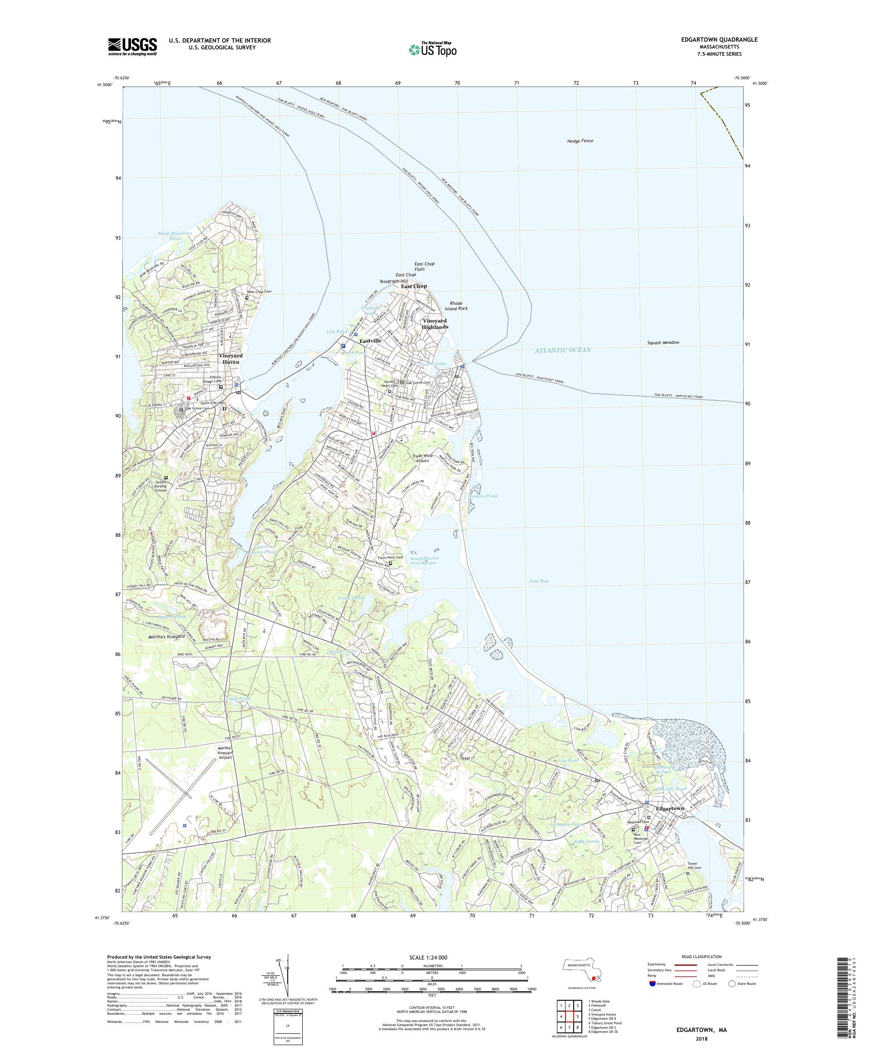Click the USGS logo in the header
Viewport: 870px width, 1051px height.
[132, 47]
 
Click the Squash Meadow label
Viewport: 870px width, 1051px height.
[662, 342]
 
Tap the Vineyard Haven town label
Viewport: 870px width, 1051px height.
[230, 358]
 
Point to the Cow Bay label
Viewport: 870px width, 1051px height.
[539, 581]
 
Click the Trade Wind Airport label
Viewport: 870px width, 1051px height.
[422, 458]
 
